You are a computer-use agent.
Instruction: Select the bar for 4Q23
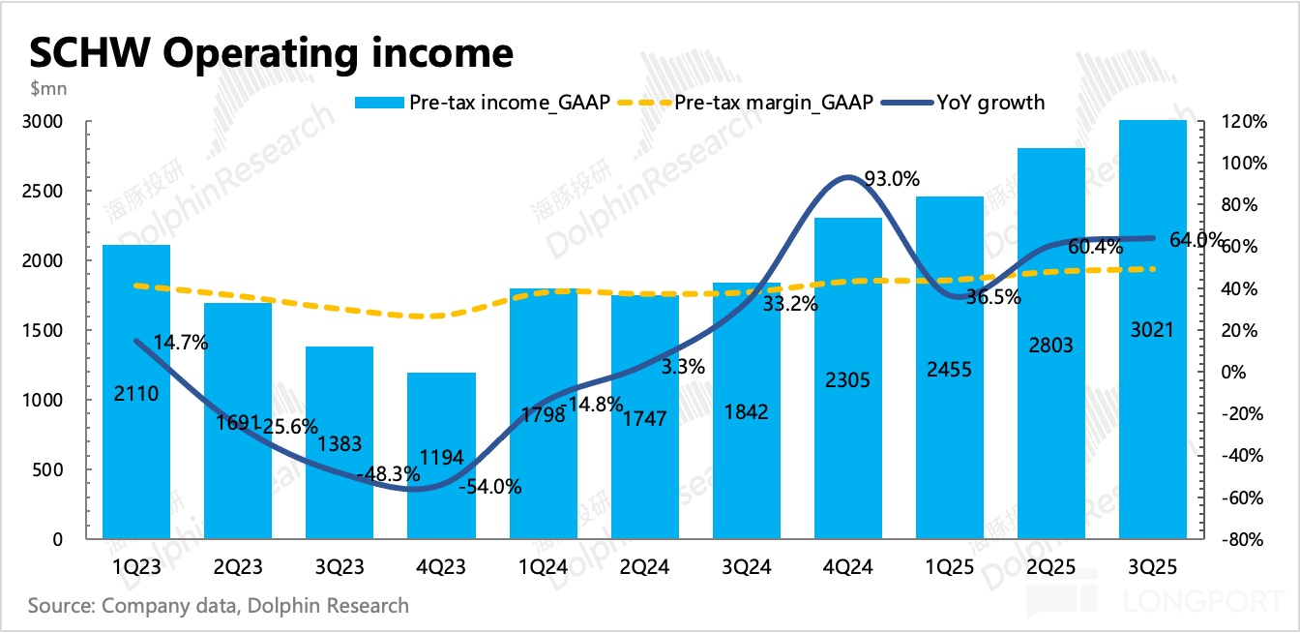point(441,455)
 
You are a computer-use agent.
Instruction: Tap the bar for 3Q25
point(1152,329)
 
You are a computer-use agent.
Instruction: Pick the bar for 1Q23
point(136,392)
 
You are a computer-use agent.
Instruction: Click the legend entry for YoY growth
point(989,103)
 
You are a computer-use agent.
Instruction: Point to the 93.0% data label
point(891,179)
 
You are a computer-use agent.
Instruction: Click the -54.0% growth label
point(491,487)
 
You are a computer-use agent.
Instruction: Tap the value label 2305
point(849,381)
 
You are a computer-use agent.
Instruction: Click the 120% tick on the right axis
point(1242,122)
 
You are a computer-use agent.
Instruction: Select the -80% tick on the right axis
point(1242,540)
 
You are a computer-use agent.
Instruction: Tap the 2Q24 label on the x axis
point(645,567)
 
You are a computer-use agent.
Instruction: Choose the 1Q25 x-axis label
point(950,567)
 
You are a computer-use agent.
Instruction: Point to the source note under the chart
point(219,607)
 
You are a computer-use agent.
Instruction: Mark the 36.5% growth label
point(992,298)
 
